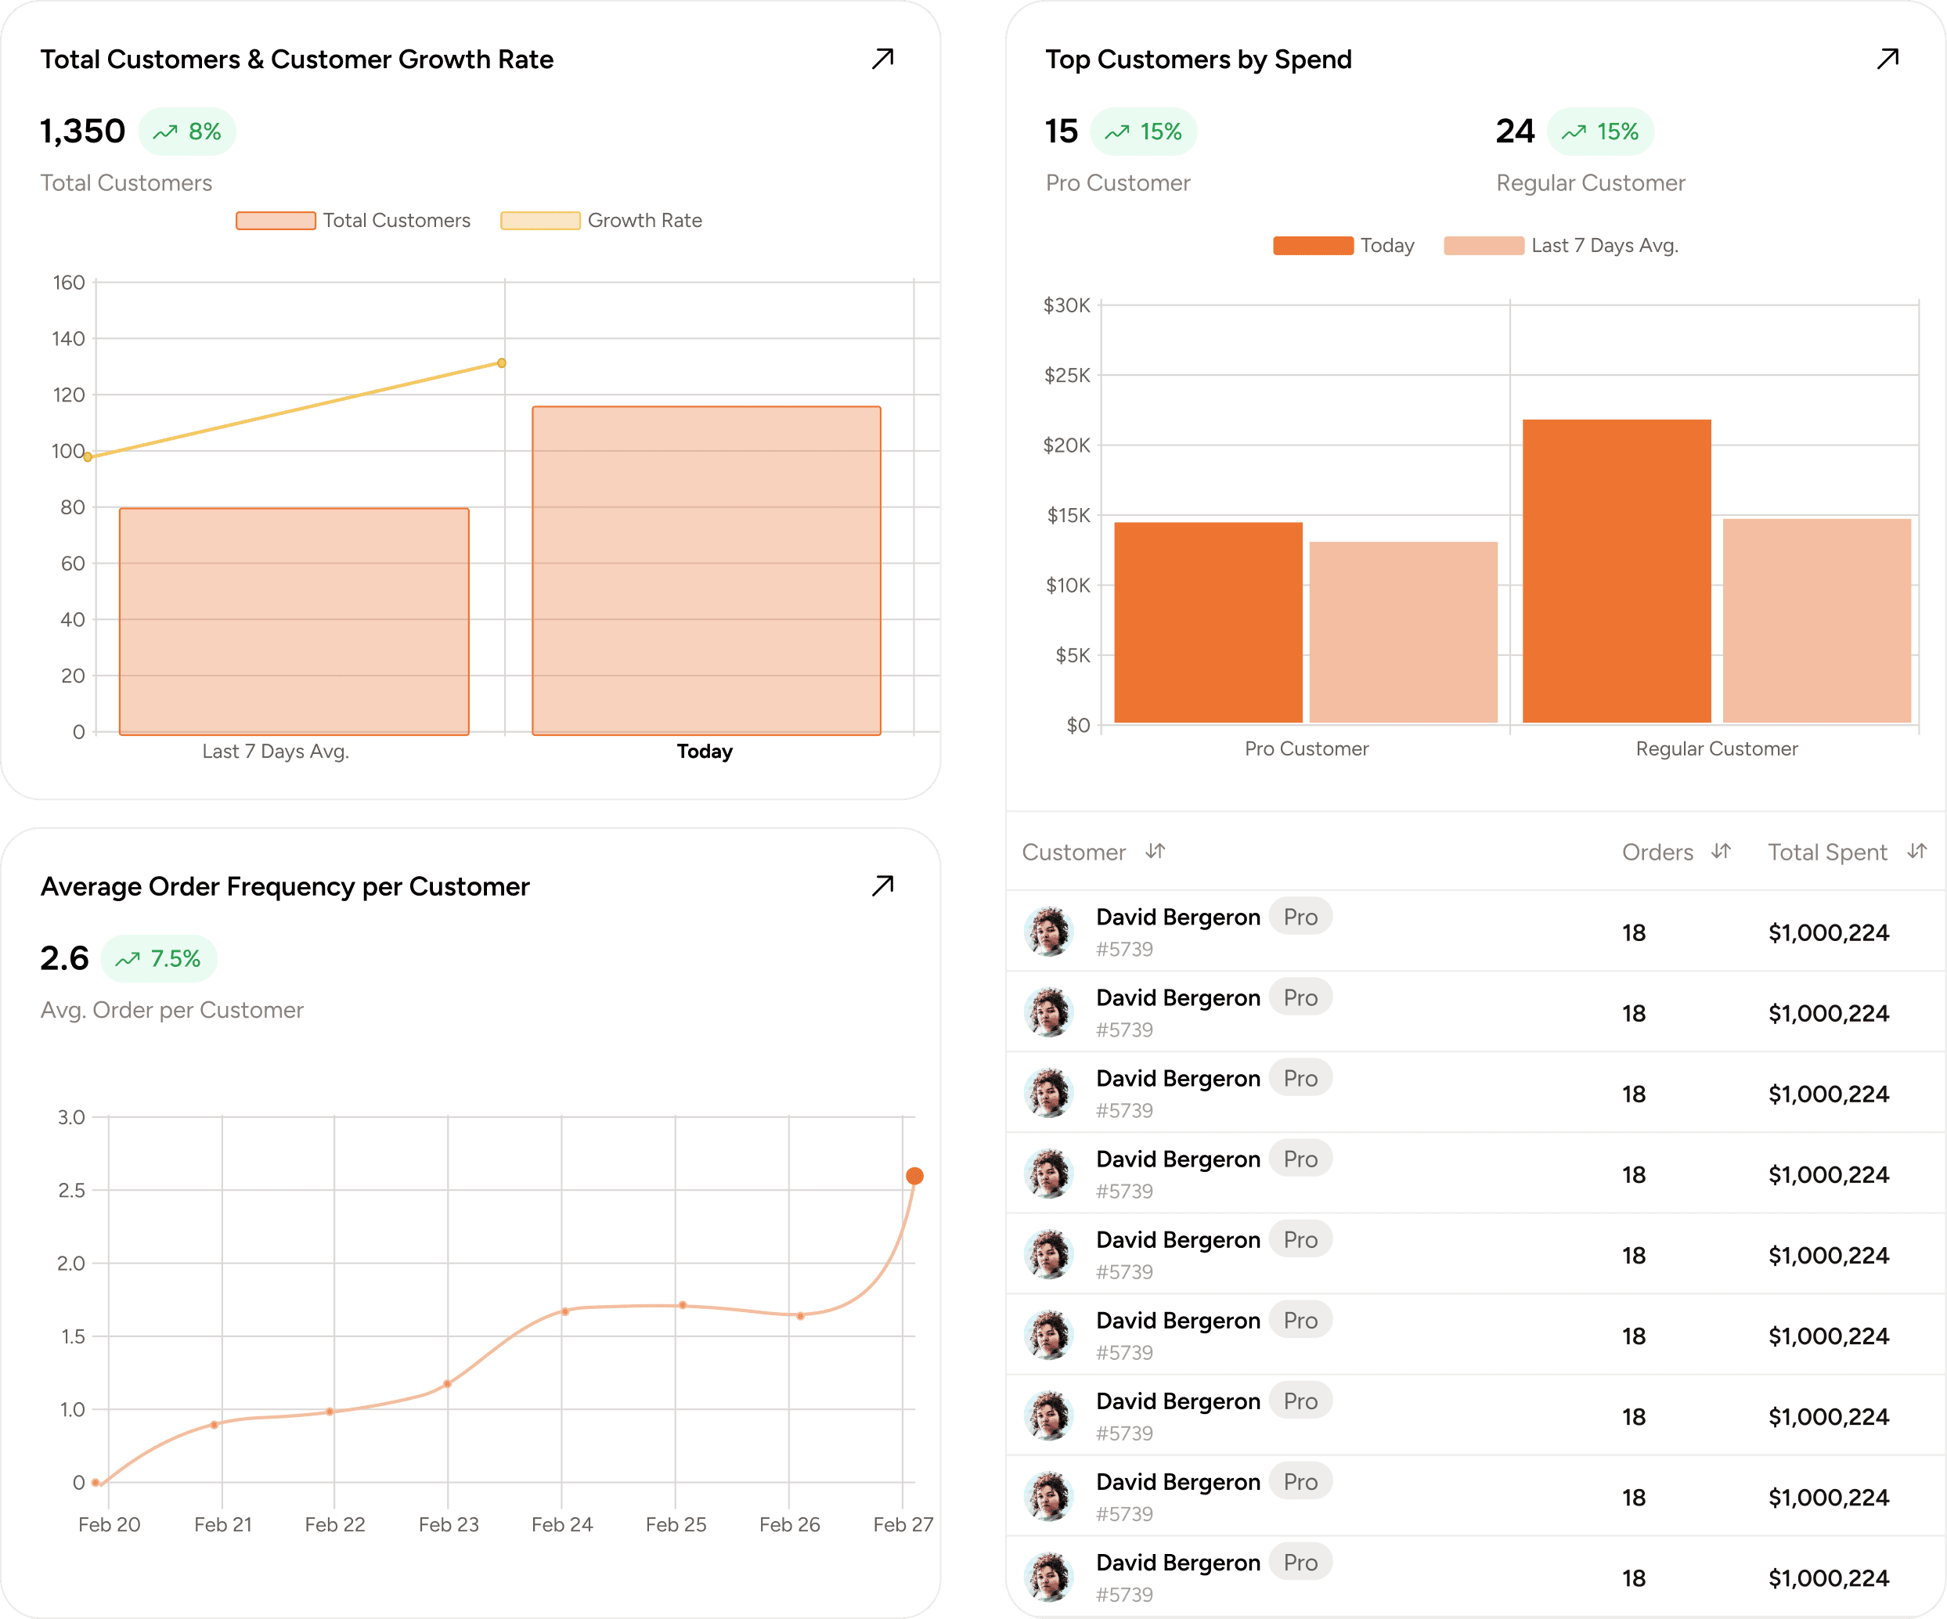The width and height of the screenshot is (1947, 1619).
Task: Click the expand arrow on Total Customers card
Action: point(882,59)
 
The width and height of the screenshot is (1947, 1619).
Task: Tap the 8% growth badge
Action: point(187,132)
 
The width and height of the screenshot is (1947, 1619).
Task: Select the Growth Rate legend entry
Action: point(602,221)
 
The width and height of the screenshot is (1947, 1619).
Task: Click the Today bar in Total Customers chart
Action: point(706,570)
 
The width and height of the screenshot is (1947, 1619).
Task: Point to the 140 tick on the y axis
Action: point(69,338)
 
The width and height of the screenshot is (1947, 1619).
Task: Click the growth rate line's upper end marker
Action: point(502,362)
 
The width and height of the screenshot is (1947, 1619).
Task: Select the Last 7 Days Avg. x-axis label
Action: point(276,751)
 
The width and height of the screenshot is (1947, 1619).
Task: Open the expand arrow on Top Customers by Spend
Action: point(1888,59)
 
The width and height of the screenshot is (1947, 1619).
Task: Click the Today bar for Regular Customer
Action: point(1616,570)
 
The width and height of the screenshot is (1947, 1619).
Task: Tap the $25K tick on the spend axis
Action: point(1067,376)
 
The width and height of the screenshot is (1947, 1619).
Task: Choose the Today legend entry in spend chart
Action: point(1343,246)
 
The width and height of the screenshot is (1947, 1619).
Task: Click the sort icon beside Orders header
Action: point(1721,851)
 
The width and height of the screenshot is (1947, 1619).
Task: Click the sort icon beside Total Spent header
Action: point(1916,851)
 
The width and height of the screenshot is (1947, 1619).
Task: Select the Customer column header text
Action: point(1073,852)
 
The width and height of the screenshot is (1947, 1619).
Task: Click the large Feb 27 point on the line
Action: point(914,1176)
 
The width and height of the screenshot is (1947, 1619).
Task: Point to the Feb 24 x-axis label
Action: point(562,1524)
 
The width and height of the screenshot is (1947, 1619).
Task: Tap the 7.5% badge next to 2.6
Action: point(159,959)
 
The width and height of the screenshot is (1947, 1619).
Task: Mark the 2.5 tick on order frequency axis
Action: point(71,1190)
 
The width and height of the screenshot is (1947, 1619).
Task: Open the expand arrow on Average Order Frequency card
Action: point(882,886)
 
